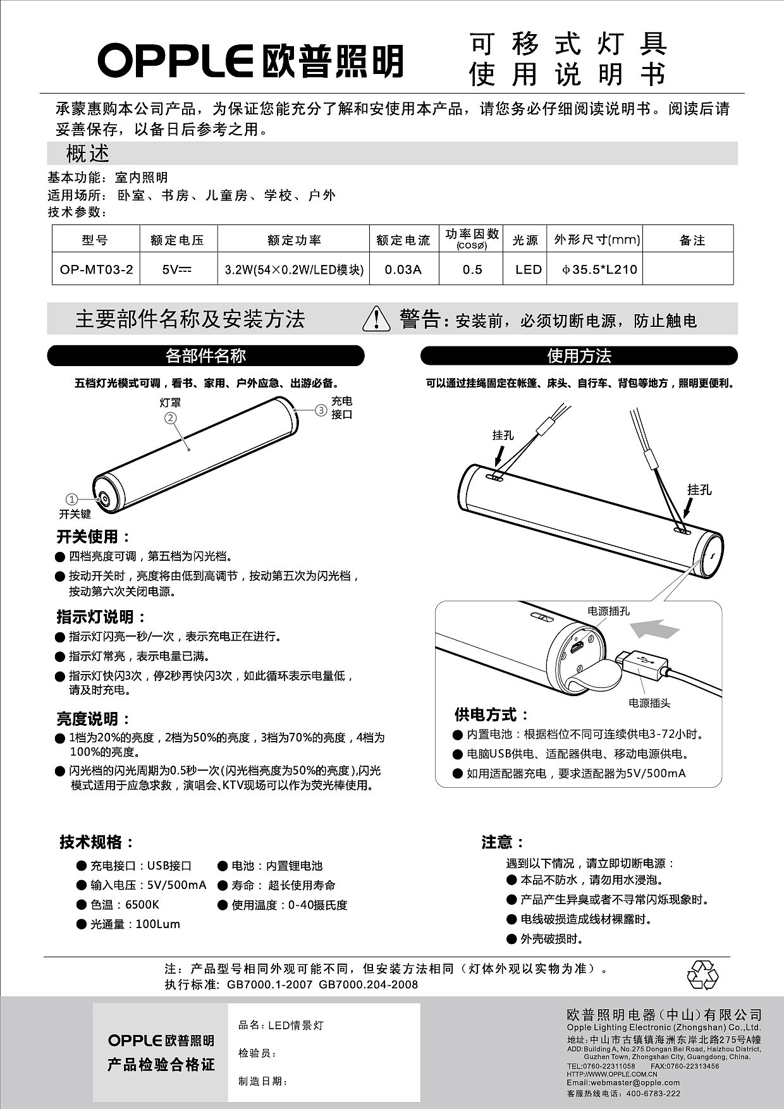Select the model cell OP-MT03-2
pos(96,270)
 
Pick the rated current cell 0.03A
pos(403,270)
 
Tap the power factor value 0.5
pos(472,270)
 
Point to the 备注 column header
pos(692,240)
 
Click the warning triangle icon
pos(376,318)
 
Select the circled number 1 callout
pos(72,499)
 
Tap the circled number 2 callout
pos(170,417)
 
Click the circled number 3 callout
pos(321,410)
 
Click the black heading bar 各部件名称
pos(205,356)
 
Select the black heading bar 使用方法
pos(579,356)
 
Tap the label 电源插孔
pos(608,611)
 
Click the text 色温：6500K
pos(125,905)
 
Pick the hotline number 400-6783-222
pos(654,1093)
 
